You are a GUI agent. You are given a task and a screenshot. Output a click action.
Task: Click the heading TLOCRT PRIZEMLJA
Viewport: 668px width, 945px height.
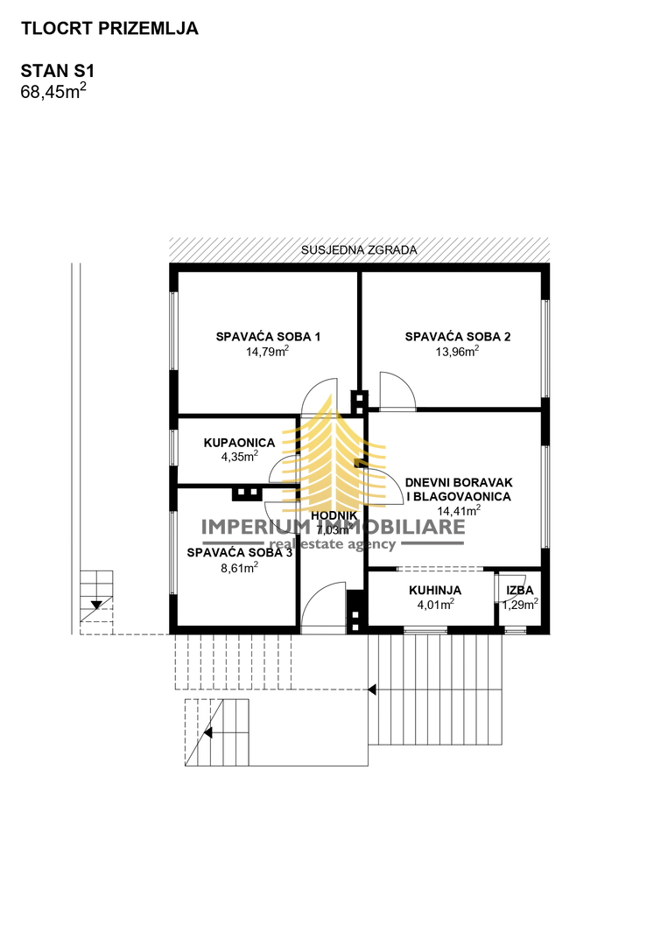pyautogui.click(x=109, y=29)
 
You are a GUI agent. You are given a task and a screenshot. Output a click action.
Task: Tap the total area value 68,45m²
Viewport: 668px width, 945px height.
pyautogui.click(x=53, y=91)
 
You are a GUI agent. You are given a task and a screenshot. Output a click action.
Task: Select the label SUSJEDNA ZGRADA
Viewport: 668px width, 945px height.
pyautogui.click(x=359, y=250)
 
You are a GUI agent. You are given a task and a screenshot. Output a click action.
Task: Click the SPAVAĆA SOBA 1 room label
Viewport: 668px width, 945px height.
pyautogui.click(x=268, y=337)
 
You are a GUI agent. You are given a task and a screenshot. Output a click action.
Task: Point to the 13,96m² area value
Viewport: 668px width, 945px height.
pyautogui.click(x=458, y=352)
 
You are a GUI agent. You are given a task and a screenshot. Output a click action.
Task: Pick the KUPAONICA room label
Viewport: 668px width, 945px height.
pyautogui.click(x=239, y=443)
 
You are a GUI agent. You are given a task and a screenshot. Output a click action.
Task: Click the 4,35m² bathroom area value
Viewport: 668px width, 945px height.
pyautogui.click(x=239, y=456)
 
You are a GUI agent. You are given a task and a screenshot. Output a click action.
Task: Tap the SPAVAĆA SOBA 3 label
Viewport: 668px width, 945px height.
pyautogui.click(x=239, y=553)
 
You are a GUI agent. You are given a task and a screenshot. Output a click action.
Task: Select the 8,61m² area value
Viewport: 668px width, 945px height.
pyautogui.click(x=239, y=567)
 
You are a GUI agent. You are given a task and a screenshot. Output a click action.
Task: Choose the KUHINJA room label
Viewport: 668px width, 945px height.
pyautogui.click(x=435, y=591)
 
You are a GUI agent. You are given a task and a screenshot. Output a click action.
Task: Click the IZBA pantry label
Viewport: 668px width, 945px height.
pyautogui.click(x=520, y=591)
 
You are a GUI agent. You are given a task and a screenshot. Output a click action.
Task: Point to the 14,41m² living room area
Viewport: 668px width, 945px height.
pyautogui.click(x=459, y=511)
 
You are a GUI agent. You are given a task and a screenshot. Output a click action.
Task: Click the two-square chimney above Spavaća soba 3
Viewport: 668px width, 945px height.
pyautogui.click(x=247, y=493)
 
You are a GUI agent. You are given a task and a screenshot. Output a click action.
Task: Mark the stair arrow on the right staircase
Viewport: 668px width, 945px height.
pyautogui.click(x=372, y=689)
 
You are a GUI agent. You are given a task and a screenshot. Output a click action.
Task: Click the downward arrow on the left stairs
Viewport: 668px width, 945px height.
pyautogui.click(x=95, y=605)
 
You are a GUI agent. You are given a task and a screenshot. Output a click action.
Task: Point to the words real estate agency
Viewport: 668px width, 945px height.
pyautogui.click(x=332, y=544)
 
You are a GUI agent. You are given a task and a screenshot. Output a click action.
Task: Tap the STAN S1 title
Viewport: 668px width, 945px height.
pyautogui.click(x=57, y=71)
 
